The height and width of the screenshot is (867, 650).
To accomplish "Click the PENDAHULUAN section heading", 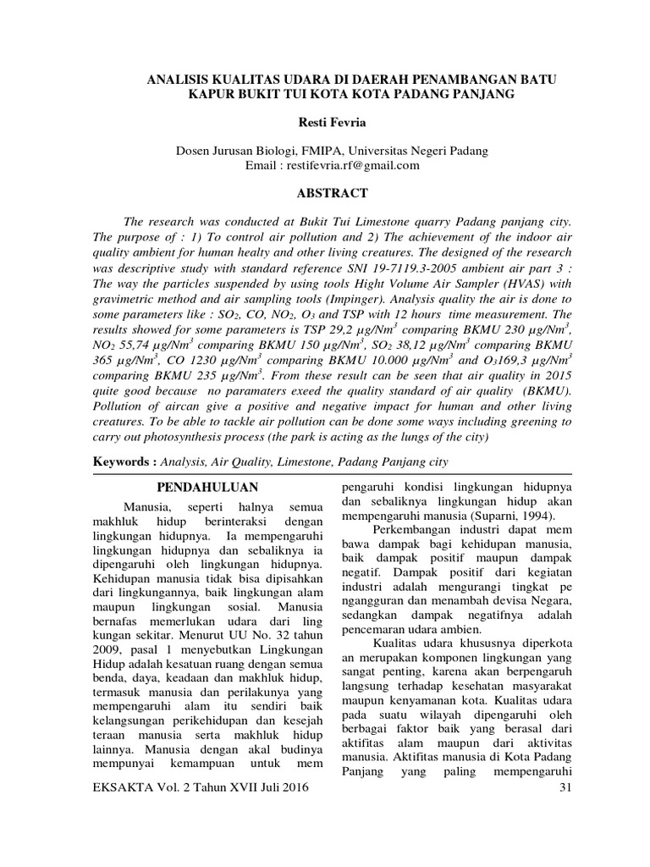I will [210, 488].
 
